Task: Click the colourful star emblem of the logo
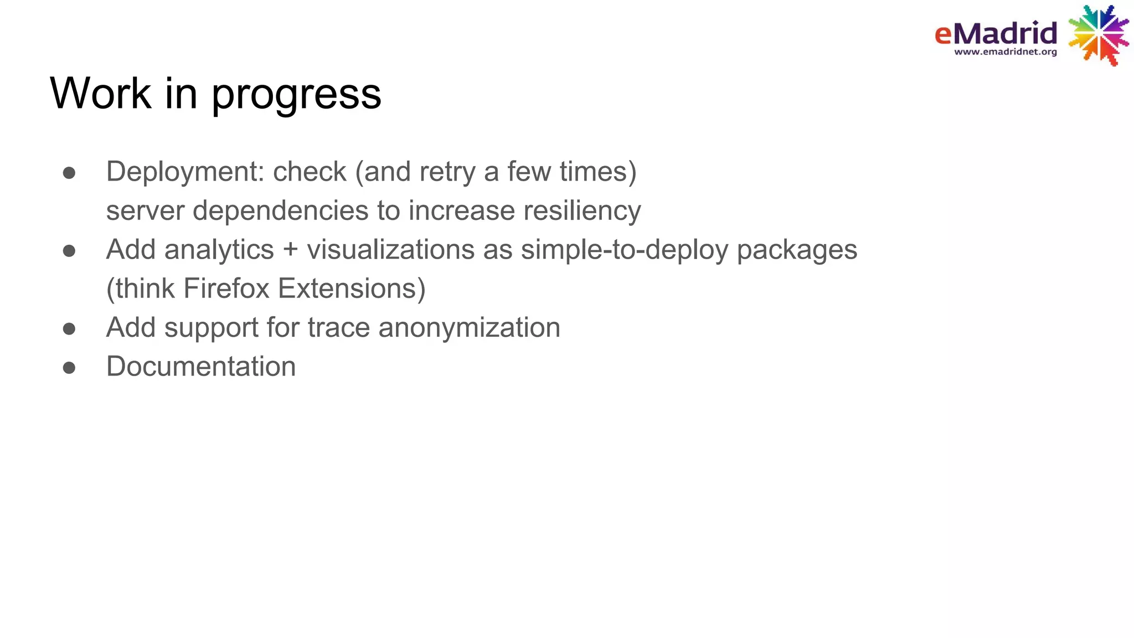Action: pyautogui.click(x=1098, y=35)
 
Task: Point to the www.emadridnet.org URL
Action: pyautogui.click(x=1006, y=52)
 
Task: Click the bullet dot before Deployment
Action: pyautogui.click(x=69, y=173)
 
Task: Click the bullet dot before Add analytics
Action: pyautogui.click(x=69, y=251)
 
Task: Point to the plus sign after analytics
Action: pyautogui.click(x=290, y=250)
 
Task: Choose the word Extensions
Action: pyautogui.click(x=351, y=289)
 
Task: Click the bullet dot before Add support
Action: pyautogui.click(x=69, y=329)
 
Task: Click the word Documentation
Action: pyautogui.click(x=201, y=367)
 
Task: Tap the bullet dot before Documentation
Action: pyautogui.click(x=69, y=368)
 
